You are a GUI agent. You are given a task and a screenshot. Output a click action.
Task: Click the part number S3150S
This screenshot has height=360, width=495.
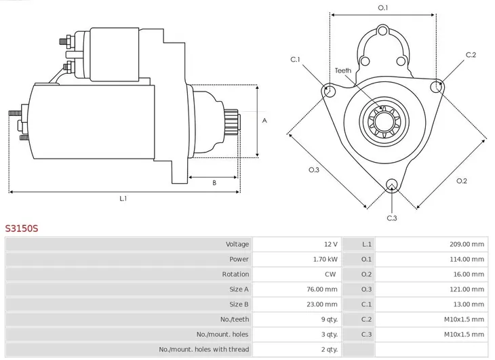22,228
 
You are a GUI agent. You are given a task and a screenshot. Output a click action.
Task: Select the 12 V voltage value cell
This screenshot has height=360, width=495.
330,244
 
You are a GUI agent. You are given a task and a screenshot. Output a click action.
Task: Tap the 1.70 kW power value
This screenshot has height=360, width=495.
325,259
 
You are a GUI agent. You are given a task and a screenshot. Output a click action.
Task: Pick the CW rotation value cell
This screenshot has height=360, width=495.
331,275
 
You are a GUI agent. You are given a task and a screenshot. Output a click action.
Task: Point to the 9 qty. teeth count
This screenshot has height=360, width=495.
327,319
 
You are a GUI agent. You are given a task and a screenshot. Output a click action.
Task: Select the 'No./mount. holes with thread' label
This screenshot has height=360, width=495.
204,349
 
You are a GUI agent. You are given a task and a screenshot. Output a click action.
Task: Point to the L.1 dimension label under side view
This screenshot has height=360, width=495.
123,199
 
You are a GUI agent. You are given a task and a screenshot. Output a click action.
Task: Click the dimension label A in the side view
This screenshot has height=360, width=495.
264,121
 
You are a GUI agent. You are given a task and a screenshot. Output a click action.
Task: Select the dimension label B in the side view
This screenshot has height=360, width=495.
214,182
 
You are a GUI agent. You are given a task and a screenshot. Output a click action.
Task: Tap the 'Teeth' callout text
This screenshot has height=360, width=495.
343,71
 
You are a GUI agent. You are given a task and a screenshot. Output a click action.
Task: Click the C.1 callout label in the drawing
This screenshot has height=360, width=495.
296,59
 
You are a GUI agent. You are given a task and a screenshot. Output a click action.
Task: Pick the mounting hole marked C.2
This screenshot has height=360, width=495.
437,87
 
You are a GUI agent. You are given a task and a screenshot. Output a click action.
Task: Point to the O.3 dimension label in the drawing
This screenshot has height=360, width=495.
313,169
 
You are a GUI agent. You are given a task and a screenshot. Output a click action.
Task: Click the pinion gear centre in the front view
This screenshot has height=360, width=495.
382,123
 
